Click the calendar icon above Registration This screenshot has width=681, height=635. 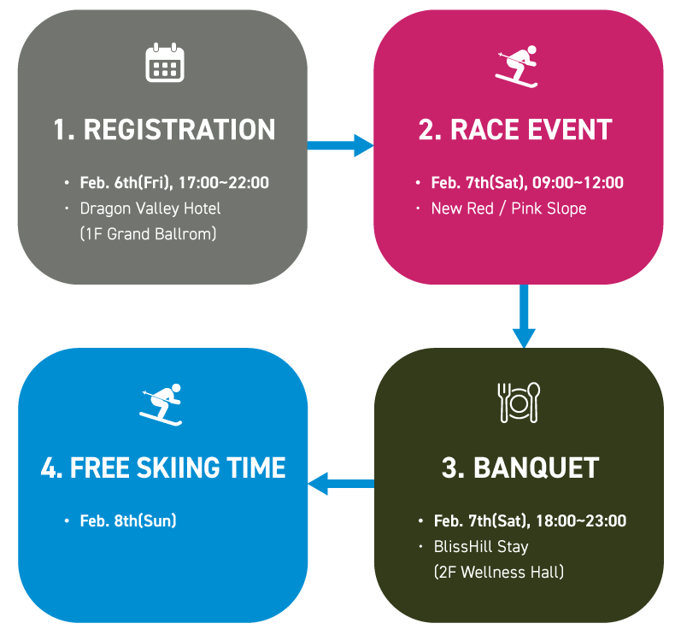(165, 63)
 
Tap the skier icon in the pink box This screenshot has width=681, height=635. (517, 66)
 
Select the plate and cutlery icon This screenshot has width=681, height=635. (520, 402)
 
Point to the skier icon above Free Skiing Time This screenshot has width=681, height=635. (161, 403)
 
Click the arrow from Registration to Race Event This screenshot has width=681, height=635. (339, 146)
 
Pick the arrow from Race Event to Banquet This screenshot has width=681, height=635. (522, 316)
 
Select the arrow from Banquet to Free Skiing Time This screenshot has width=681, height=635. (340, 485)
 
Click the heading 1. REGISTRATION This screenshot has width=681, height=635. (164, 130)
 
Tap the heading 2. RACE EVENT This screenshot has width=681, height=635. (515, 130)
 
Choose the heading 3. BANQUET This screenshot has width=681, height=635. (520, 468)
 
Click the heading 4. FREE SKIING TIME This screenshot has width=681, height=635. (163, 468)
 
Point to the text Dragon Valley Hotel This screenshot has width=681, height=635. (150, 208)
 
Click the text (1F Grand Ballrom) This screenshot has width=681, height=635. (148, 232)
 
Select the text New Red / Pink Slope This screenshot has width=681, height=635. (508, 208)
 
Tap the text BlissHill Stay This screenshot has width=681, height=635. (481, 546)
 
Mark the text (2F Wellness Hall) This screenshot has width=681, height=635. (499, 571)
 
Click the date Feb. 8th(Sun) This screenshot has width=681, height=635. (128, 520)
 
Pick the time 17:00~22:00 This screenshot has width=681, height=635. (223, 183)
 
